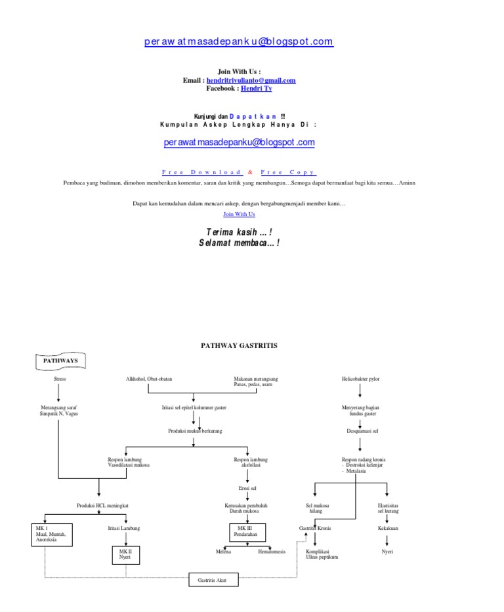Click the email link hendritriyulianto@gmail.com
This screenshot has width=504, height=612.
click(251, 80)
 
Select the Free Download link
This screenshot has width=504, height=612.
click(201, 172)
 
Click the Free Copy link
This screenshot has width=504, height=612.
click(289, 172)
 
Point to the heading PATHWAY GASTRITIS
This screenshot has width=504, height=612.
click(239, 345)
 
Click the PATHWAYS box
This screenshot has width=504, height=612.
click(60, 361)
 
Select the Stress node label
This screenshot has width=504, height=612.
click(60, 380)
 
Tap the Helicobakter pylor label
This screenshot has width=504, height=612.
click(360, 380)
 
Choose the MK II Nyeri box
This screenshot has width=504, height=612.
click(125, 556)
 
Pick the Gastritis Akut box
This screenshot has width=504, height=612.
click(211, 580)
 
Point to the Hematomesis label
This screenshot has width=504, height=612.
click(272, 552)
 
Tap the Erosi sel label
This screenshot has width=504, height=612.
click(247, 489)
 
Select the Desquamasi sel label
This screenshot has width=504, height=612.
click(360, 431)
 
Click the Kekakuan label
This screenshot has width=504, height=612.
click(388, 528)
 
